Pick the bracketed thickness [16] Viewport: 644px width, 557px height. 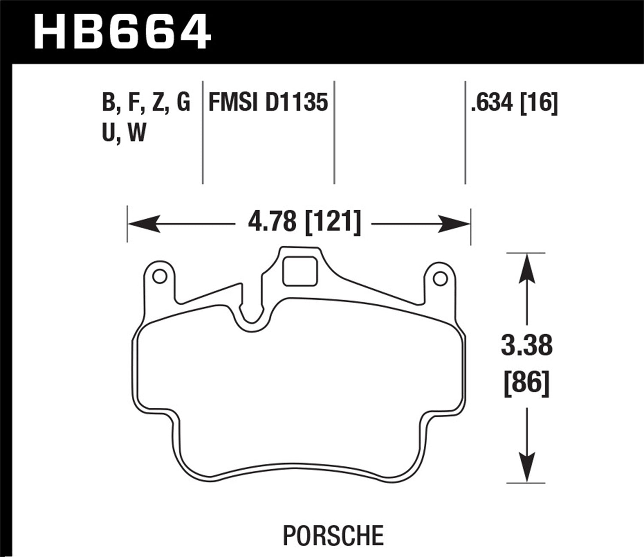[539, 103]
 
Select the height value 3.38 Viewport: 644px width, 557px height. [526, 346]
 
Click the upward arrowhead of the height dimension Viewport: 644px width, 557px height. [527, 269]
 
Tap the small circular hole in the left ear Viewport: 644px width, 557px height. [160, 277]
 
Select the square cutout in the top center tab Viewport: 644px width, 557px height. [300, 271]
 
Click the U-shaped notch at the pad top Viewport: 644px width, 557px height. [252, 316]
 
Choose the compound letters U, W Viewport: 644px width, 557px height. [124, 133]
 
